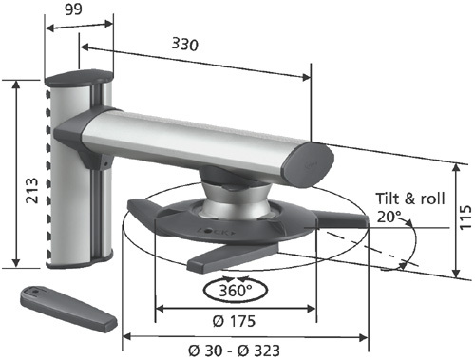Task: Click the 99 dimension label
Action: point(73,9)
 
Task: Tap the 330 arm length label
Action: point(185,44)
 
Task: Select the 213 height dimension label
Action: point(32,190)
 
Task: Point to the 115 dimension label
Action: point(465,218)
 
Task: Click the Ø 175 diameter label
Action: point(234,321)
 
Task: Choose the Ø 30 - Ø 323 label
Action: point(234,351)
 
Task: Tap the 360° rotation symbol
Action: point(236,290)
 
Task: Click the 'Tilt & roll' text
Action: point(410,199)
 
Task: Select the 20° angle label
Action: point(389,218)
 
